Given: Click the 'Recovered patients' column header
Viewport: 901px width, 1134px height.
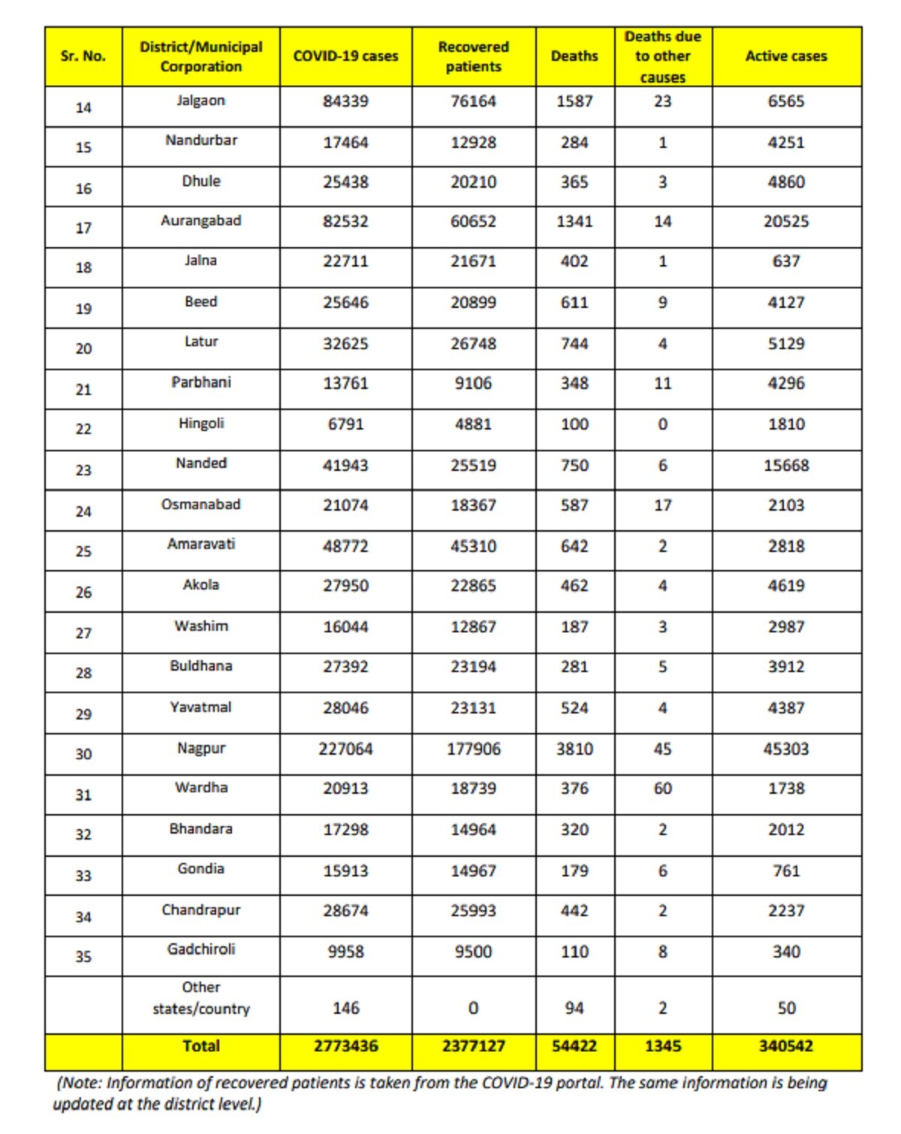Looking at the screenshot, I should (473, 56).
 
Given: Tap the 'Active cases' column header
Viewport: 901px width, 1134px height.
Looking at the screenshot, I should (785, 56).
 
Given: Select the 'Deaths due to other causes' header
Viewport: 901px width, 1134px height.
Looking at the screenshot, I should (662, 56).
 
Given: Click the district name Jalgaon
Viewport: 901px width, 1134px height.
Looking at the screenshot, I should (200, 101).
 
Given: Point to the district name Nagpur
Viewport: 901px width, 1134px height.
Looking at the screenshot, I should (200, 748).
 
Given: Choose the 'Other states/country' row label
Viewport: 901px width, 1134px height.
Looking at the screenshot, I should (200, 998).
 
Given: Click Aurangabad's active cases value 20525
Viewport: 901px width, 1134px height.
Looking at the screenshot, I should (785, 222).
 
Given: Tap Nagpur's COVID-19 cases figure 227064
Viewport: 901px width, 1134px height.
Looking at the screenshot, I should (345, 749).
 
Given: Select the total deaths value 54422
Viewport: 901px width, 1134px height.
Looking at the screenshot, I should (574, 1045).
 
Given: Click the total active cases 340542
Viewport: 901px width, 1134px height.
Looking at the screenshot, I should (785, 1045).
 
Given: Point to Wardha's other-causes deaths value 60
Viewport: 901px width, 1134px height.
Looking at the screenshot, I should (662, 789).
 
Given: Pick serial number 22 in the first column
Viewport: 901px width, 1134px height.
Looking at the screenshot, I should (83, 429).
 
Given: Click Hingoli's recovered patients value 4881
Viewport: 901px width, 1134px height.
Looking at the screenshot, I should (473, 424).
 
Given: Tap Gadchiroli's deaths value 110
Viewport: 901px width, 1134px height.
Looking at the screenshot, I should (574, 952).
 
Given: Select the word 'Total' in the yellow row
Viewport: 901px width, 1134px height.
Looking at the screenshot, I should (200, 1045).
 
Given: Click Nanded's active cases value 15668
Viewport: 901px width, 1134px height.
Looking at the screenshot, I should (785, 466).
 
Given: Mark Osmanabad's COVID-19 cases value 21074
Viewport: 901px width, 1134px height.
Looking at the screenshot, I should (345, 505).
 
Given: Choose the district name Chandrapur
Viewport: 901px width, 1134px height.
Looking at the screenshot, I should (200, 910).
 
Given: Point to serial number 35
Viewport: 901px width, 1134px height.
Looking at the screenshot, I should (83, 957).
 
